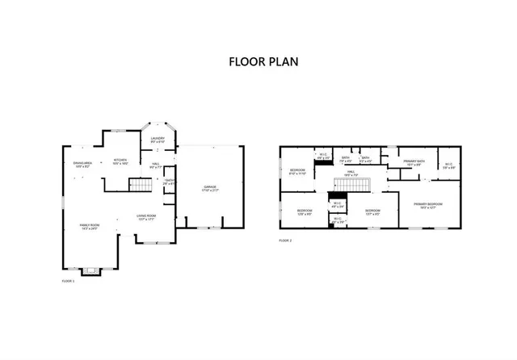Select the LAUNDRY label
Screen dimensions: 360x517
158,139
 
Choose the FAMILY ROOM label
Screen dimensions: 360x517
89,224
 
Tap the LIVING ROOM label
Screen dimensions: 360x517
146,216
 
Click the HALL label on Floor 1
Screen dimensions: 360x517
155,164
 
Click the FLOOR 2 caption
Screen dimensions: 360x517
285,241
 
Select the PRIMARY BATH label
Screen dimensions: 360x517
414,161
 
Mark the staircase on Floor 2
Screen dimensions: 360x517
351,187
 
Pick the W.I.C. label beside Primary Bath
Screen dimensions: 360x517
448,165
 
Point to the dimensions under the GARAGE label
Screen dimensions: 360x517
211,191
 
